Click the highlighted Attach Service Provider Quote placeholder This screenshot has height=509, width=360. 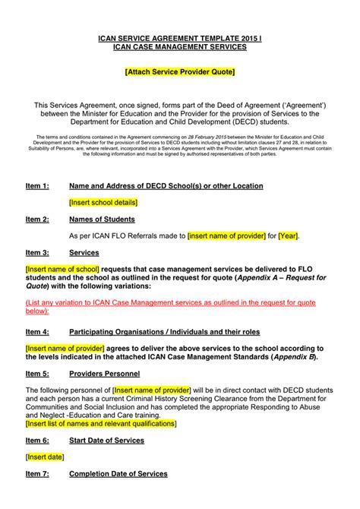pyautogui.click(x=180, y=71)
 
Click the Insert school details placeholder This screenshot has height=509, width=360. pyautogui.click(x=103, y=203)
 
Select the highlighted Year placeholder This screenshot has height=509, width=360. pyautogui.click(x=289, y=236)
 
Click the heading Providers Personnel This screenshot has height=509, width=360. pyautogui.click(x=104, y=374)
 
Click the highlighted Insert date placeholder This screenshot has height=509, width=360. pyautogui.click(x=45, y=457)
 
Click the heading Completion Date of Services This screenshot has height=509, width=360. pyautogui.click(x=118, y=473)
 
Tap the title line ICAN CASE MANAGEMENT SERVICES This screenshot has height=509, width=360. pyautogui.click(x=180, y=47)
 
